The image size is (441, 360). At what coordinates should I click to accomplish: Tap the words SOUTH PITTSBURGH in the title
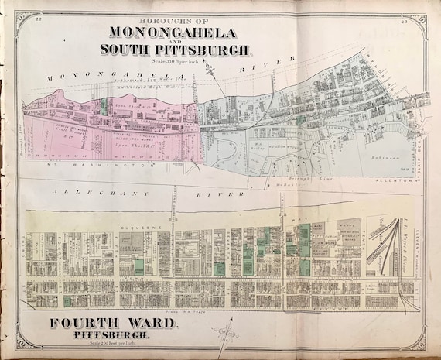(176, 50)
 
